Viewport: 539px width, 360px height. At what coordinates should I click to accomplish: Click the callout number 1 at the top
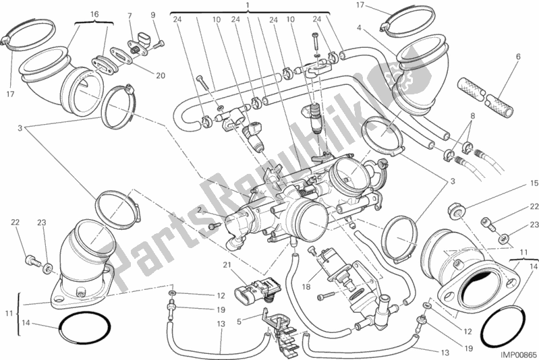pos(248,5)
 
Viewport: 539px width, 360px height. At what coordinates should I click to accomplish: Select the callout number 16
pos(93,13)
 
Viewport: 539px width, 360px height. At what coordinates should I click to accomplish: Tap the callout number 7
pos(130,15)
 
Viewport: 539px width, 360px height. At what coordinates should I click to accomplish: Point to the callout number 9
pos(153,15)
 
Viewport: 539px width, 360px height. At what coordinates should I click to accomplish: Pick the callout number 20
pos(160,76)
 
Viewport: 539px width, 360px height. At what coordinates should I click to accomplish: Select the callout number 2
pos(200,211)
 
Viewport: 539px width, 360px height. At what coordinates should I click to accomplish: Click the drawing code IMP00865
pos(516,352)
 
